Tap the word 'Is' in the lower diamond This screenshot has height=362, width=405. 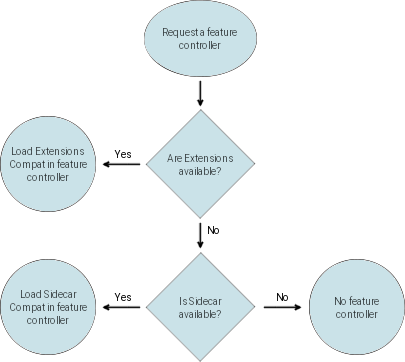[x=182, y=301]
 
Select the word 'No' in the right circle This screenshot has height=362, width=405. [x=339, y=301]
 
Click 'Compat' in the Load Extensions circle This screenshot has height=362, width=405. [x=23, y=164]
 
